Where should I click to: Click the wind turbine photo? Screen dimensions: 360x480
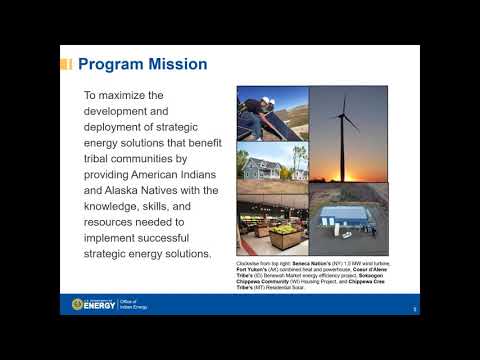coord(346,133)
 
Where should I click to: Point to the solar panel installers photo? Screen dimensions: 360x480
coord(272,113)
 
